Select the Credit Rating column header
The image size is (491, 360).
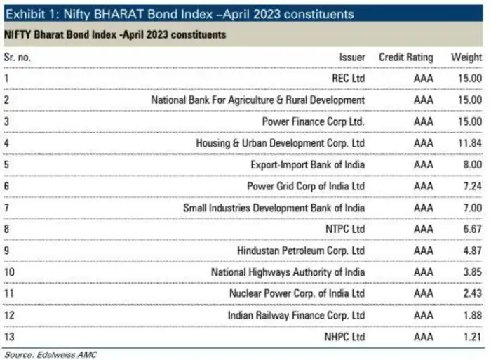point(406,57)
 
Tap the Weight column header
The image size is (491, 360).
point(466,57)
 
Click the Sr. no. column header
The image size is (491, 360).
point(18,57)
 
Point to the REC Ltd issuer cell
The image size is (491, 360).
point(348,79)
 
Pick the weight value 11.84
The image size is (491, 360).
point(467,143)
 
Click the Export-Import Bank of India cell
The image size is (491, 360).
point(308,165)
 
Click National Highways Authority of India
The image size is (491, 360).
point(288,272)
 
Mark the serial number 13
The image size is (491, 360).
point(9,337)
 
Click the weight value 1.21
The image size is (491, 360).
point(469,337)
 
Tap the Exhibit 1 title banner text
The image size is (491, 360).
point(180,14)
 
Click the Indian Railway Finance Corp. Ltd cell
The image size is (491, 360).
point(296,315)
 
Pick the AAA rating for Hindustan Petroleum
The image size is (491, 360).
point(424,251)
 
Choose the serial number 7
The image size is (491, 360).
point(6,208)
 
